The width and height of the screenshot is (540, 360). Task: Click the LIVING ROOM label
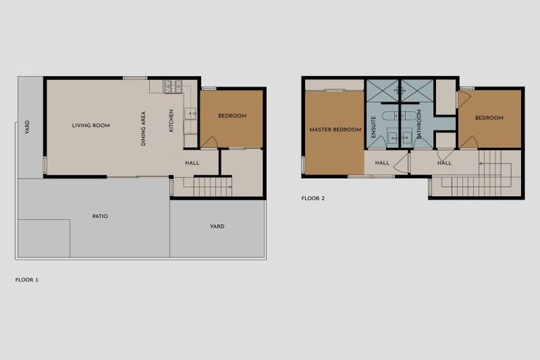click(91, 126)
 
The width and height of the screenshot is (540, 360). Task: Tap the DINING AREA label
click(143, 128)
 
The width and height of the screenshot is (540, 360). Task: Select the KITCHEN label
click(171, 121)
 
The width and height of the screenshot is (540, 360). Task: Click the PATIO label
click(100, 216)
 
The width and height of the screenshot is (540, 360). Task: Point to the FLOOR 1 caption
click(27, 280)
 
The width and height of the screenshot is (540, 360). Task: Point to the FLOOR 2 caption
click(313, 198)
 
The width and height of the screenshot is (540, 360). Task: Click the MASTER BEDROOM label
click(335, 130)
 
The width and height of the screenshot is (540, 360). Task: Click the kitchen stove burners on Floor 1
click(173, 86)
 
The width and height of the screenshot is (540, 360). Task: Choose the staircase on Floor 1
click(212, 187)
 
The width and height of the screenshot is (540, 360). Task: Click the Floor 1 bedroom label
click(232, 116)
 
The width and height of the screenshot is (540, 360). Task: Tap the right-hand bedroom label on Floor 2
click(489, 118)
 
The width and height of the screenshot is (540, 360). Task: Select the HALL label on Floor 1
click(192, 163)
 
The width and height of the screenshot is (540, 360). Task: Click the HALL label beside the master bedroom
click(382, 163)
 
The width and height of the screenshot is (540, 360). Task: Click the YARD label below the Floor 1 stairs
click(217, 226)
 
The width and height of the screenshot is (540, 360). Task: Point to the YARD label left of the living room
click(27, 127)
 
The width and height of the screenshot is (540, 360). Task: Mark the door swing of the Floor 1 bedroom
click(209, 142)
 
